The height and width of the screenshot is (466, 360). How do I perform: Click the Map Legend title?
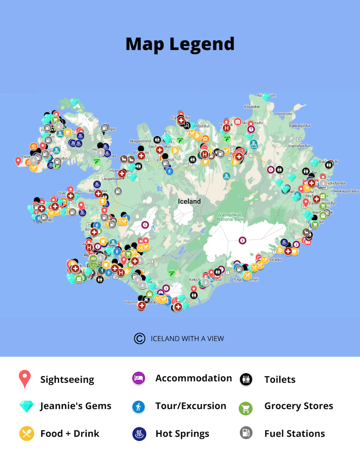coord(180,44)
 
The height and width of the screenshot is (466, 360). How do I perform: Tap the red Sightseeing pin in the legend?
coord(25,379)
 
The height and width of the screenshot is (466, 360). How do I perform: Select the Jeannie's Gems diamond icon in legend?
coord(26,406)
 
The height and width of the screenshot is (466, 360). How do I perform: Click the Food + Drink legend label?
coord(70,434)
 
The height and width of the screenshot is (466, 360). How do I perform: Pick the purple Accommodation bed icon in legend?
coord(138,378)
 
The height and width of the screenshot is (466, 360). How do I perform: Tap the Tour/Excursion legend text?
coord(190,406)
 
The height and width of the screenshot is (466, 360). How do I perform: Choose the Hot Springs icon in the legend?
coord(138,434)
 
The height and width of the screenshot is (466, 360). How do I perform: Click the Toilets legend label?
coord(280,380)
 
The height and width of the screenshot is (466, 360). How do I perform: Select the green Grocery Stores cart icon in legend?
coord(246,408)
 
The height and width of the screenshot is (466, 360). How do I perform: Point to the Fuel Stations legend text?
coord(294,434)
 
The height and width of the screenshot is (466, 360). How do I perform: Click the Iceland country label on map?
coord(189,201)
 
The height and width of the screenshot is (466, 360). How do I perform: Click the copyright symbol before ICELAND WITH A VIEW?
coord(139,338)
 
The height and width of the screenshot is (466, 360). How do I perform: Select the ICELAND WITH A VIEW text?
coord(187,338)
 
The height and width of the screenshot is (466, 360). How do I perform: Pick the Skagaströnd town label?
coord(140,141)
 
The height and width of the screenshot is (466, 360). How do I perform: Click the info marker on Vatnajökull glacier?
coord(242,240)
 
